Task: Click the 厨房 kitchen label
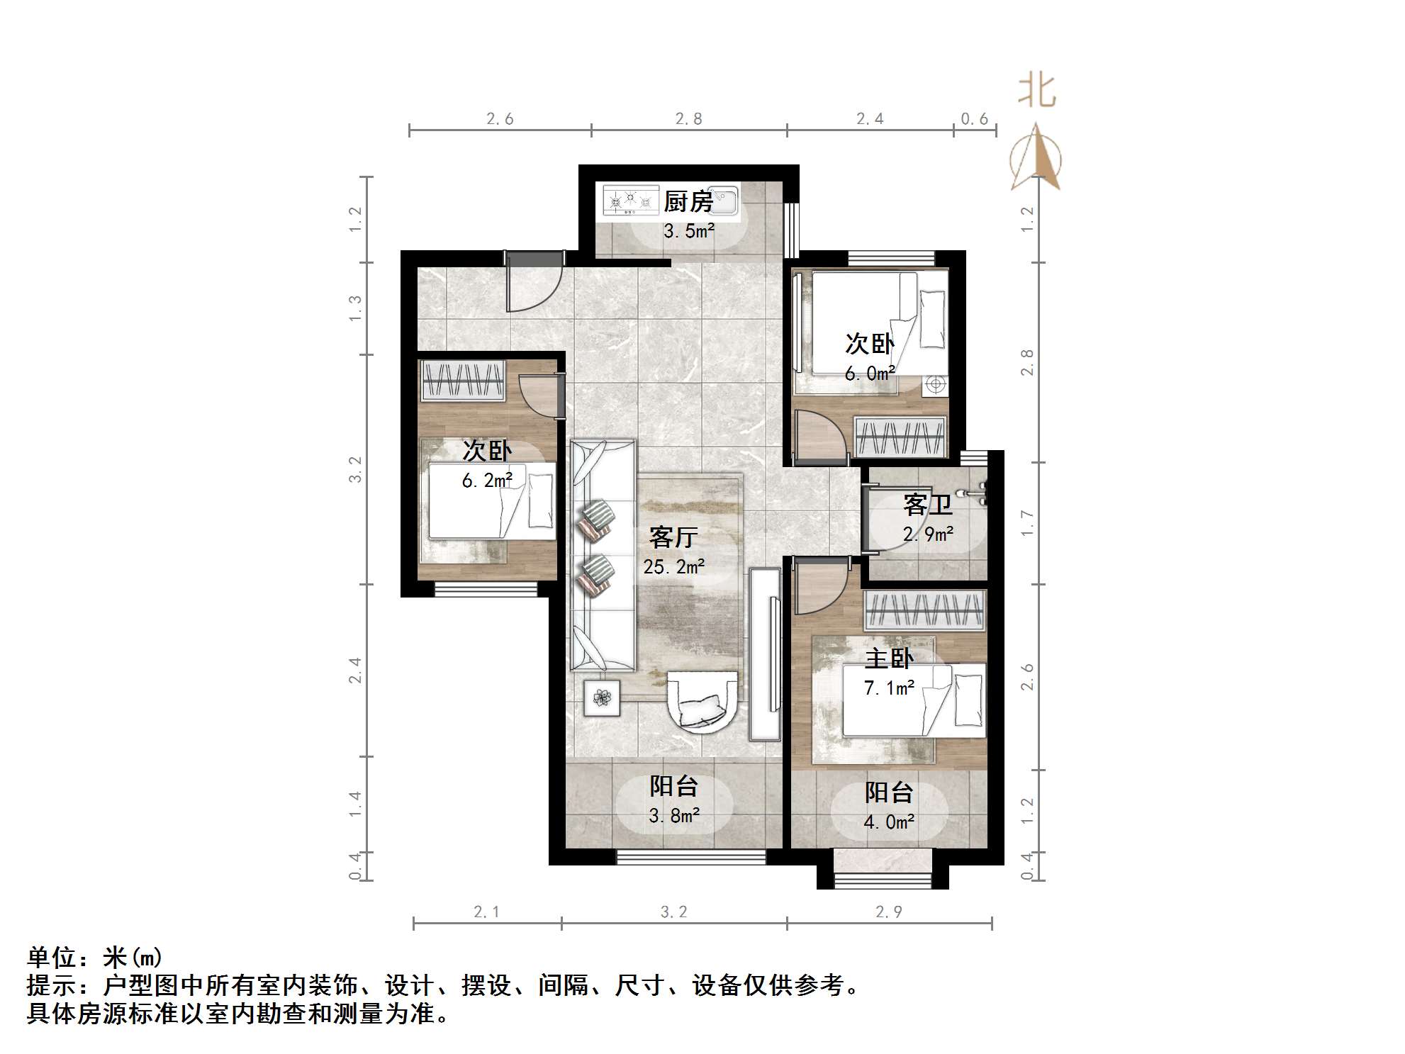[688, 202]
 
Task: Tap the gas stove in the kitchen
[630, 201]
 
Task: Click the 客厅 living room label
[673, 537]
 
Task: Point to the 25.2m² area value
[673, 567]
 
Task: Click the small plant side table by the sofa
[602, 698]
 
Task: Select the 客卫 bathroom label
[927, 505]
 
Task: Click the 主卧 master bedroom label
[889, 658]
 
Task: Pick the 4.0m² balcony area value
[889, 822]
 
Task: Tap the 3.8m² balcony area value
[673, 816]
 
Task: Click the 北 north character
[1036, 92]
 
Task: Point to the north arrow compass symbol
[1036, 159]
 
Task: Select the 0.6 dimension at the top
[974, 119]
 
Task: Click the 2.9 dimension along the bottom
[888, 912]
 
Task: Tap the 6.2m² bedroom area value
[486, 481]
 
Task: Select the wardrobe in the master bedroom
[924, 610]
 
